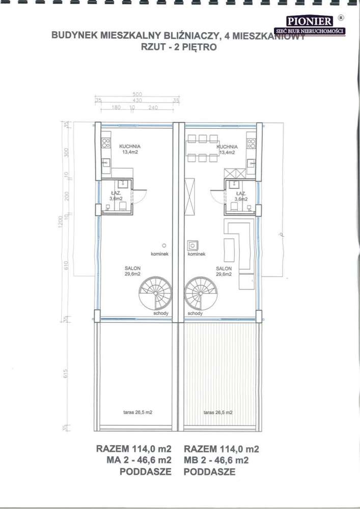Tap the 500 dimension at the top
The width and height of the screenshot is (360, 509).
pos(137,95)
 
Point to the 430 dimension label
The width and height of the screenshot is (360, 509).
pos(137,101)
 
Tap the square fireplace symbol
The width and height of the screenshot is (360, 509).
pos(192,245)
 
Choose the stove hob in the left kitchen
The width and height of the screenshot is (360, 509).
pos(106,142)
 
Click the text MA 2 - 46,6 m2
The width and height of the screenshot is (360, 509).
pos(133,461)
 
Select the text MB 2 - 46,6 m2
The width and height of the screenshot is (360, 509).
pos(216,461)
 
